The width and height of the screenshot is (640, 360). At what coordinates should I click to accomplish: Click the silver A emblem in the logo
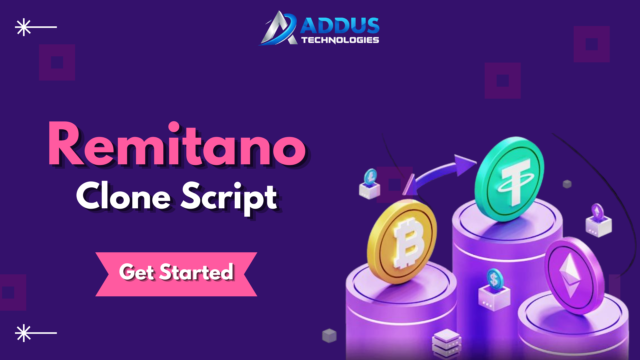(280, 27)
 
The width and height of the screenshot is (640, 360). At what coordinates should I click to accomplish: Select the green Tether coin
(509, 179)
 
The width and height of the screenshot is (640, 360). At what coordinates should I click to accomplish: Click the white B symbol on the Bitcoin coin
(408, 241)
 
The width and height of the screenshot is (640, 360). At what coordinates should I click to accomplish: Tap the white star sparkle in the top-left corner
(21, 27)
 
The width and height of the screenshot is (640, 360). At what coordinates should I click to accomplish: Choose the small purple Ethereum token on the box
(597, 212)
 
